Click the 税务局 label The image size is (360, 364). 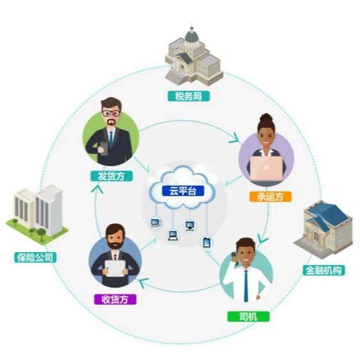click(x=188, y=96)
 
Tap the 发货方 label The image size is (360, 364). click(x=111, y=176)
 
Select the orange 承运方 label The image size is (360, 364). click(x=270, y=197)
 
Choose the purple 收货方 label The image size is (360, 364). click(x=115, y=299)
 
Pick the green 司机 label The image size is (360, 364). click(x=248, y=316)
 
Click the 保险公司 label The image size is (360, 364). click(x=35, y=257)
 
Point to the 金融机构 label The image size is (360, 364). click(x=323, y=271)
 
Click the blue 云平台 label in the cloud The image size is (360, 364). click(x=183, y=191)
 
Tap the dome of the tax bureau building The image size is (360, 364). click(x=192, y=36)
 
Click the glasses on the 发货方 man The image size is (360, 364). click(x=111, y=114)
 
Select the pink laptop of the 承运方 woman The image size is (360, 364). click(x=266, y=168)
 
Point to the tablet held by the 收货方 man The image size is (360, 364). click(x=115, y=268)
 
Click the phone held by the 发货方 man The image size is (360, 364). click(x=103, y=149)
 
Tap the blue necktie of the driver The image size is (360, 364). click(x=246, y=286)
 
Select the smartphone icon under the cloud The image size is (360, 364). click(x=206, y=242)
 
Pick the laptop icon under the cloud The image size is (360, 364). click(x=173, y=235)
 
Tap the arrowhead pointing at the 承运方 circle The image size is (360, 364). click(x=235, y=138)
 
